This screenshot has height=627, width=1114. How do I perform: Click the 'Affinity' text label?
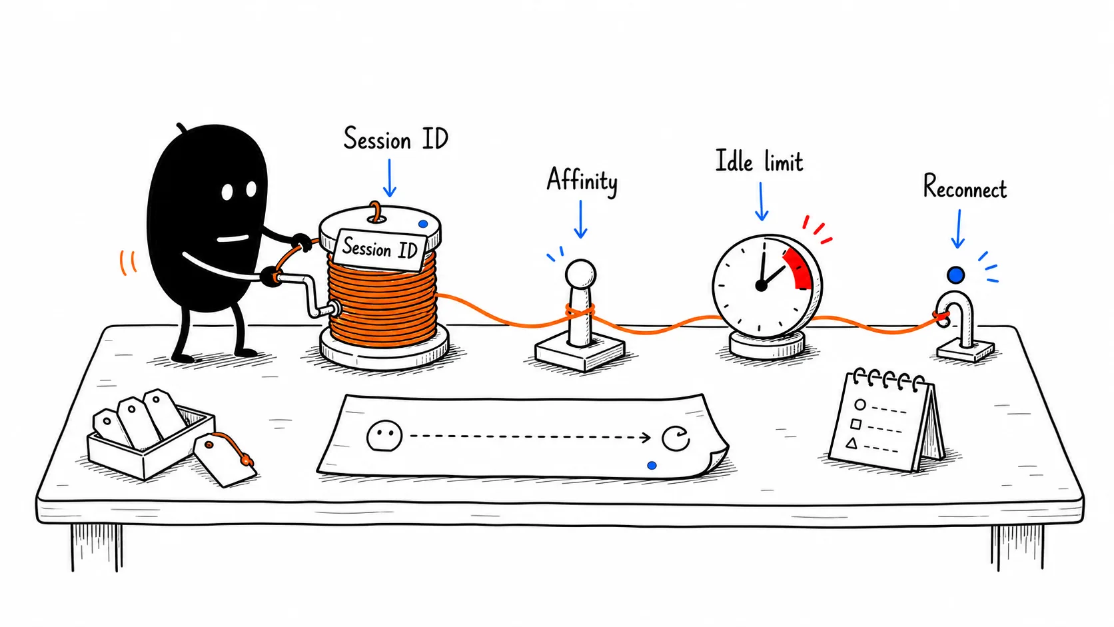coord(582,181)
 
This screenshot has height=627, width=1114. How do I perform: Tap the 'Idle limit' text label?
coord(759,161)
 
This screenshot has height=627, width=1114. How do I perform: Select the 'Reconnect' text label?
coord(965,187)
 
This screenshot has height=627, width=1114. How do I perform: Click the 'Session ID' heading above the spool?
coord(396,138)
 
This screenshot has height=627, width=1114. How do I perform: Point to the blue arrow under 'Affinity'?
coord(580,219)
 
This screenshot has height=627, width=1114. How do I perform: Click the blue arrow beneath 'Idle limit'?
coord(761,201)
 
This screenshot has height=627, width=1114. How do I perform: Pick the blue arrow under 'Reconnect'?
coord(958,229)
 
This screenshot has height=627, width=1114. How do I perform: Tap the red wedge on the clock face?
coord(799,269)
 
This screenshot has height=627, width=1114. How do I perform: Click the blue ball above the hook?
coord(955,275)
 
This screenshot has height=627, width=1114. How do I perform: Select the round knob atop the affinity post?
coord(580,273)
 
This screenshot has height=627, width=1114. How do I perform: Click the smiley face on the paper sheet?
coord(384,436)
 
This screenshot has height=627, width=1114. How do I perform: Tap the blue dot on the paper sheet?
coord(652,465)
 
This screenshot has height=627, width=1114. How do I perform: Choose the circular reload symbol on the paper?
coord(676,438)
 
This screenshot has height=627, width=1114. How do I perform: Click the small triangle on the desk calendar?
coord(852,442)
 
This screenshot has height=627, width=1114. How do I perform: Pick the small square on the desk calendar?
coord(856,424)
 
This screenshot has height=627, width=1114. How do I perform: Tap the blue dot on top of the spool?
coord(422,225)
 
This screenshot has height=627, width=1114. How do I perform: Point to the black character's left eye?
coord(227,192)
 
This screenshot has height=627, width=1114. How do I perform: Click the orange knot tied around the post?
coord(580,312)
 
